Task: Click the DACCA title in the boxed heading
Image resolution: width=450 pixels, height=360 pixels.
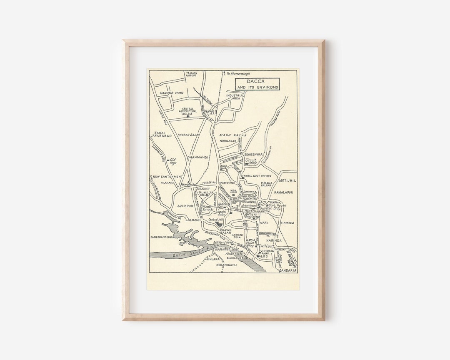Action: click(x=257, y=81)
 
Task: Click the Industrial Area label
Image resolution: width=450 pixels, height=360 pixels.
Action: click(x=235, y=97)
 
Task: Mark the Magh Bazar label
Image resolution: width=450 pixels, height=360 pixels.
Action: click(x=233, y=135)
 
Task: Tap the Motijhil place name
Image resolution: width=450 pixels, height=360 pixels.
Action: click(x=287, y=180)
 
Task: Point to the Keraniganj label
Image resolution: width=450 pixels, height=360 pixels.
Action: click(x=226, y=265)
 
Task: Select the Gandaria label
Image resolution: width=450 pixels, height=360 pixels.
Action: click(x=288, y=270)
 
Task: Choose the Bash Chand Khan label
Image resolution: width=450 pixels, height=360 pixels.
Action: click(x=164, y=237)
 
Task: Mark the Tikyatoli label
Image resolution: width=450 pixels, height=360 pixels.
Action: click(x=287, y=223)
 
